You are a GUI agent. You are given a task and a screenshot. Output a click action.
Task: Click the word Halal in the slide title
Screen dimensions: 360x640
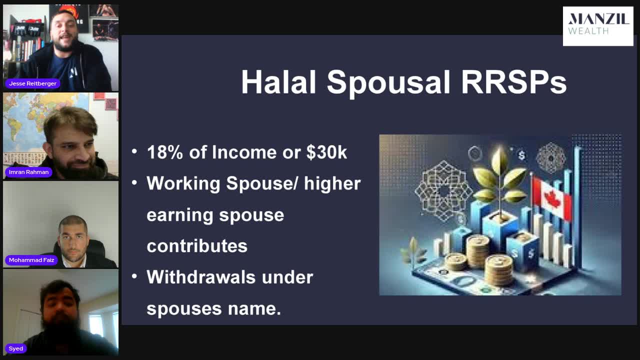click(278, 82)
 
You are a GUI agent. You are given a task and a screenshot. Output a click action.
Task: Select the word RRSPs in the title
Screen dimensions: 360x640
click(513, 82)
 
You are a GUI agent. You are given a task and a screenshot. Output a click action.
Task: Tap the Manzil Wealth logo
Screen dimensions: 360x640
click(597, 25)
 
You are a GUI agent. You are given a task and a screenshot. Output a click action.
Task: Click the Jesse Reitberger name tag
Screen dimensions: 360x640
click(32, 83)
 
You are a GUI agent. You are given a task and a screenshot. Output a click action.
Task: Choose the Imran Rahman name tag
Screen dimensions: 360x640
click(28, 172)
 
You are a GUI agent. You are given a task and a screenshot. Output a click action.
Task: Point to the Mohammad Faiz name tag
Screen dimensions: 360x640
click(31, 260)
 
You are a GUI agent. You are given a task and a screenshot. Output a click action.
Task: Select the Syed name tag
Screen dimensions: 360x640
click(15, 348)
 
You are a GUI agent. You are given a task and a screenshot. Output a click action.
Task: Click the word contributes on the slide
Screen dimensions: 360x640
click(197, 246)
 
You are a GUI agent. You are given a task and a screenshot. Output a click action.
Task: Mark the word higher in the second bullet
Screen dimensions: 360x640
click(332, 183)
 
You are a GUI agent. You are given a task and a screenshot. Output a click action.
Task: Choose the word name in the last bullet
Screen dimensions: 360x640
click(250, 308)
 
